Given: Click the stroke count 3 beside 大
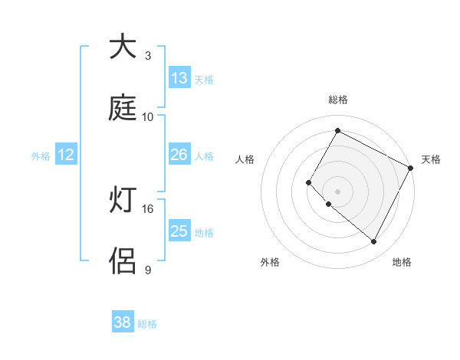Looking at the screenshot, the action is [148, 56].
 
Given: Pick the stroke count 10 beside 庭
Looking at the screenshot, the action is [148, 117].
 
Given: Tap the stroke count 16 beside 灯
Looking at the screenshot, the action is [148, 208].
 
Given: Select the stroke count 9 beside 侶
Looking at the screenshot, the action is [148, 270].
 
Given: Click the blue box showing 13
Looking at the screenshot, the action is [179, 78].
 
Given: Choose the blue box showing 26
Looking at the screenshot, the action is [179, 155].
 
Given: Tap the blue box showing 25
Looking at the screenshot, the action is [179, 231].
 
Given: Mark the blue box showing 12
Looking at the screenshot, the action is [66, 155].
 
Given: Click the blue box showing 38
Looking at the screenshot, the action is [123, 322].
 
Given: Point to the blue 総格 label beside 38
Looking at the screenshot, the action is [147, 324].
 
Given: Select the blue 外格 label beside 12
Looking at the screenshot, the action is [41, 156].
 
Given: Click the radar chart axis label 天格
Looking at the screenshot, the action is [431, 159].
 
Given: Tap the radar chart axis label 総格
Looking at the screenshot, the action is [338, 100].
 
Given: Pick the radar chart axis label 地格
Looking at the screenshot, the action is [402, 262].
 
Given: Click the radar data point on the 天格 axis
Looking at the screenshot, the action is [410, 168].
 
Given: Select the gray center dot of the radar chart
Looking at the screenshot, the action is [338, 191].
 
